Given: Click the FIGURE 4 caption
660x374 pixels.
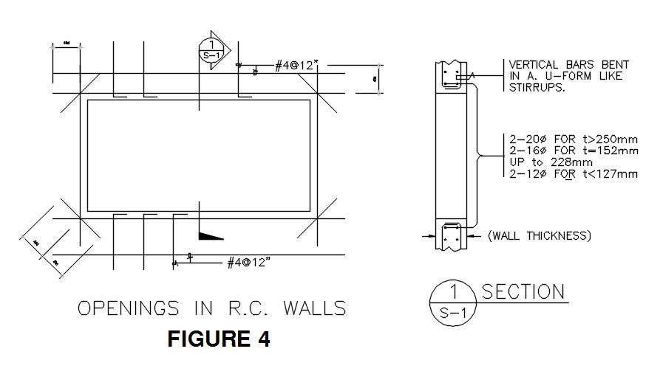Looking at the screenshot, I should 219,339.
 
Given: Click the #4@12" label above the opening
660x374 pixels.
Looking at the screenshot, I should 296,66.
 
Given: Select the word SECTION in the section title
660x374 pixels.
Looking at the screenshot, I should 523,292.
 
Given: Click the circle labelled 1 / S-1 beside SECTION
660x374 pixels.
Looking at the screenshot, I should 452,303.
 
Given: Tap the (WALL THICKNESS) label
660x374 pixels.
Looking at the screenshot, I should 539,236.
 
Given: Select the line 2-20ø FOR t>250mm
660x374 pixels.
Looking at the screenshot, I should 573,139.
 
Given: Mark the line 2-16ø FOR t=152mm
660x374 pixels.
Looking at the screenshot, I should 573,150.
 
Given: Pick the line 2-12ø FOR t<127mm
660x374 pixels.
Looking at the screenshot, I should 573,174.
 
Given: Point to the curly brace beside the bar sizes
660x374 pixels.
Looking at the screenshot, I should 483,155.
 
